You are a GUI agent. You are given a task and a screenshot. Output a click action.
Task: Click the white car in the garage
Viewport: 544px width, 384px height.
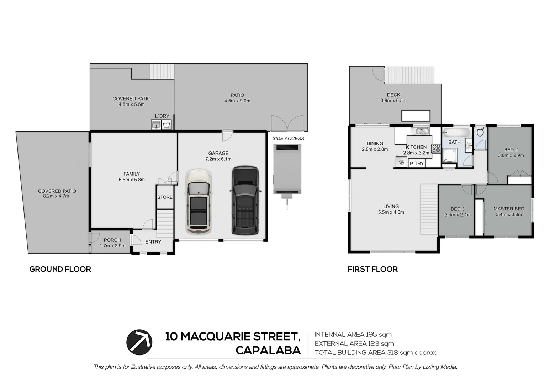tap(199, 202)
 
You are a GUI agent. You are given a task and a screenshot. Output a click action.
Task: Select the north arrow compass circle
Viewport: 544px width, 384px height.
tap(139, 342)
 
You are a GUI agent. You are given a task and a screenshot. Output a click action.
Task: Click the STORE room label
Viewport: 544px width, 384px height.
tap(165, 197)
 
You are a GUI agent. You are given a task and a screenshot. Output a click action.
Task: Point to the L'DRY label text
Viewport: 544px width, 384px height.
tap(162, 116)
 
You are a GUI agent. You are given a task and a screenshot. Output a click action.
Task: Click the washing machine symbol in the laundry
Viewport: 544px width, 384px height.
tap(167, 125)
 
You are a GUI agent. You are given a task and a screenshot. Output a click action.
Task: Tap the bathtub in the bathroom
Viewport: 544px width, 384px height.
tap(456, 133)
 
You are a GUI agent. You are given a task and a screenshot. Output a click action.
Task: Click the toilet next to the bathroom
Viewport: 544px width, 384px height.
tap(480, 132)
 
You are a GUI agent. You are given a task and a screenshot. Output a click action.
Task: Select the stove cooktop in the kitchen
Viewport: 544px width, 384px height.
tap(436, 149)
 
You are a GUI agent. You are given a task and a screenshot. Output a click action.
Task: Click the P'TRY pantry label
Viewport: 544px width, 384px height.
tap(417, 164)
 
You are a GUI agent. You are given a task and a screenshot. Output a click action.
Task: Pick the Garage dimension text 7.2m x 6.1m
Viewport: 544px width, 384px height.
tap(218, 159)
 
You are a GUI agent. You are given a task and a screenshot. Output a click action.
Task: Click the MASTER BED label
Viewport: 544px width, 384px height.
tap(508, 209)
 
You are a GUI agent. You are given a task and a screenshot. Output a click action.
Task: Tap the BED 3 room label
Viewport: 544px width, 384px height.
tap(458, 209)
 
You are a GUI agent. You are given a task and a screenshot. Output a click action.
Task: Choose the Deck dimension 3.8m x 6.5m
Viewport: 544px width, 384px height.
tap(393, 101)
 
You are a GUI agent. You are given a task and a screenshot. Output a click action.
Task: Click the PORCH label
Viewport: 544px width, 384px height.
tap(112, 240)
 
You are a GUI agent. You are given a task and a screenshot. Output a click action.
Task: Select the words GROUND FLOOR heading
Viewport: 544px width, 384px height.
tap(60, 269)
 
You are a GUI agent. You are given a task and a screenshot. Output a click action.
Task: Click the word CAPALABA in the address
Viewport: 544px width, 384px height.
tap(268, 351)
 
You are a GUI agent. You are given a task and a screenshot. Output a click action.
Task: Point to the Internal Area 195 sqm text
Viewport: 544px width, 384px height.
tap(353, 334)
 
